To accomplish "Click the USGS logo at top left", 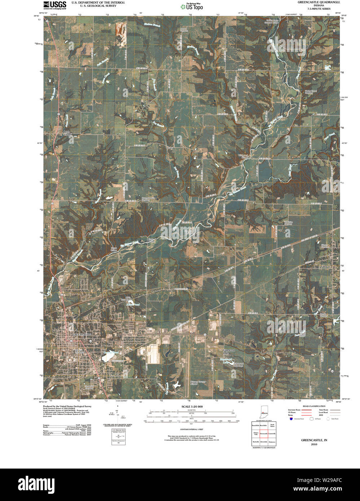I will click(x=55, y=5).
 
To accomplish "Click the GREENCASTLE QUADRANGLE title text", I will click(x=319, y=2).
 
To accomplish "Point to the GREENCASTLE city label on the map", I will click(x=82, y=334).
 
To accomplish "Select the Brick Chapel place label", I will click(x=67, y=133).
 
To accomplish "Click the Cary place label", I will click(x=170, y=148).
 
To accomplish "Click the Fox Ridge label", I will click(x=116, y=376).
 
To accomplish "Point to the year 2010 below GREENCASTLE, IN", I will click(x=314, y=444).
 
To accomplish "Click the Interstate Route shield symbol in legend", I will click(x=291, y=419).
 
